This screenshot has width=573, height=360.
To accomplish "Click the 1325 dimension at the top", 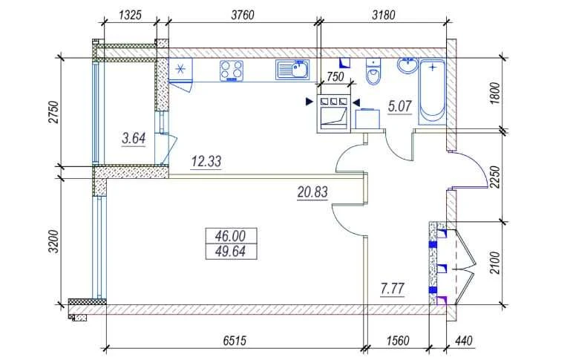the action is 130,16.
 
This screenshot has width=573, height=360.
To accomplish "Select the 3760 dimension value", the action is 243,16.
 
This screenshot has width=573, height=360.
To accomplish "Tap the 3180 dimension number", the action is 384,16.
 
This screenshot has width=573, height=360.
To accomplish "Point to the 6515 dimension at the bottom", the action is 235,341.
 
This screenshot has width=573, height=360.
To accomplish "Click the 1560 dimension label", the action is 398,341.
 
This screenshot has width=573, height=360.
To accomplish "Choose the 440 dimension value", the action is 464,341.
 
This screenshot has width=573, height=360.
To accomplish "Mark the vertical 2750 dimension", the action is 53,112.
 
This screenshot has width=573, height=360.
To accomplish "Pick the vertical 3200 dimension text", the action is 53,241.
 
